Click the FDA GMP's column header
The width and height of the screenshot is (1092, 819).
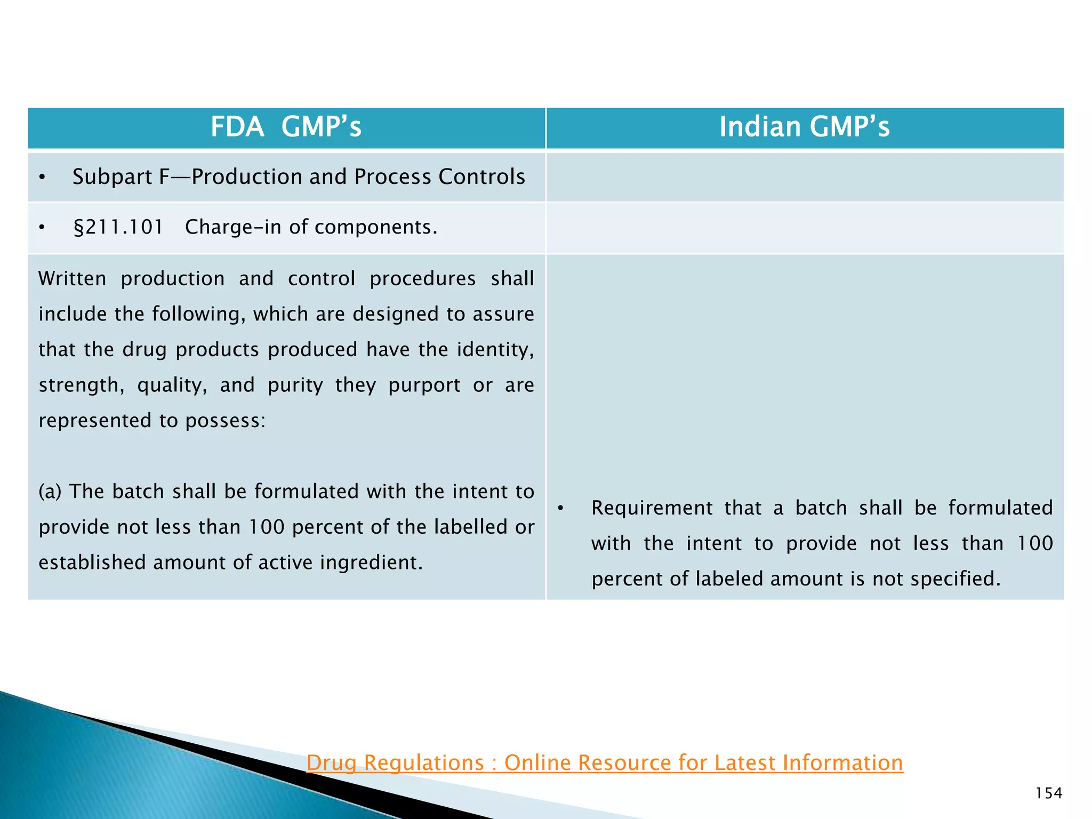(x=286, y=127)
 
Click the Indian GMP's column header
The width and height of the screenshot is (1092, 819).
(x=804, y=127)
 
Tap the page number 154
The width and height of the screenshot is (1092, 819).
(x=1048, y=793)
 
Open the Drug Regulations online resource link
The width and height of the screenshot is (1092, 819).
(x=605, y=762)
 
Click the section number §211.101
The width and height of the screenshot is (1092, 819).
(x=118, y=227)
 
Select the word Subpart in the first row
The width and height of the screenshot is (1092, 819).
(x=112, y=177)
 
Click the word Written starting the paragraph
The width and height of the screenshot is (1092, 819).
(x=72, y=278)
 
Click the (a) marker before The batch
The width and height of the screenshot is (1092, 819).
(x=50, y=492)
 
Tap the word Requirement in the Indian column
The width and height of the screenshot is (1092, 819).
(x=652, y=508)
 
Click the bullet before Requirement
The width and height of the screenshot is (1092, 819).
(x=560, y=509)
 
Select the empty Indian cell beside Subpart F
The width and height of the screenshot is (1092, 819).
(x=804, y=177)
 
